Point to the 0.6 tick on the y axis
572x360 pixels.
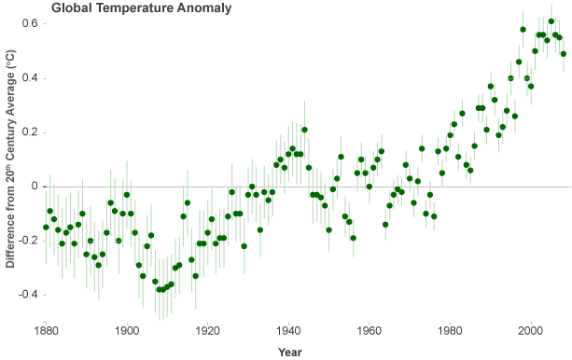point(30,23)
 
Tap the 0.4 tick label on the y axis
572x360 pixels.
point(30,77)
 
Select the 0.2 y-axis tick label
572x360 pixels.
point(30,132)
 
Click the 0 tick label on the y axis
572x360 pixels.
point(34,186)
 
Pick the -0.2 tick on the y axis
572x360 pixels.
point(28,241)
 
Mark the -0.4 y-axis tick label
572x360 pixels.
point(28,295)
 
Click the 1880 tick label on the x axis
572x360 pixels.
point(46,330)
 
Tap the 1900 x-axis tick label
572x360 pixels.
point(127,330)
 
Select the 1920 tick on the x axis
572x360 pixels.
point(208,330)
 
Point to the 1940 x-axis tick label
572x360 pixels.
point(289,330)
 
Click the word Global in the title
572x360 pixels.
point(71,8)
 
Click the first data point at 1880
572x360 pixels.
point(46,227)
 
